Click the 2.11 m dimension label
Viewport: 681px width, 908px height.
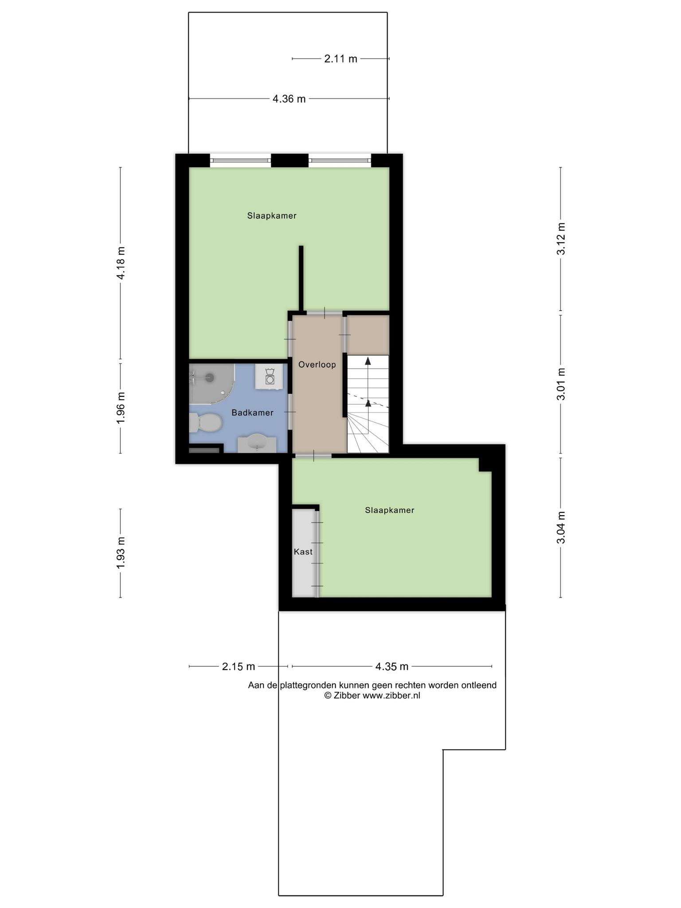coord(340,59)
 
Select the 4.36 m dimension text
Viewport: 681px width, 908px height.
coord(289,99)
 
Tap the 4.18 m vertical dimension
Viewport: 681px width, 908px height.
coord(121,263)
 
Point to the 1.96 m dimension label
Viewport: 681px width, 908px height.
coord(121,407)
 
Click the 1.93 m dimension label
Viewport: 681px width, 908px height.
coord(121,552)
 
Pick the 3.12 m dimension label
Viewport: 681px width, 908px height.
coord(561,239)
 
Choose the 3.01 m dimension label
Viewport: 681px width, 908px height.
coord(561,384)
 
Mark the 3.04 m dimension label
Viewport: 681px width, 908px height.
coord(561,528)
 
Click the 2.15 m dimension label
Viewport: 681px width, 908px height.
coord(239,666)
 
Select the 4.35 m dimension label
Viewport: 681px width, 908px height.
coord(392,666)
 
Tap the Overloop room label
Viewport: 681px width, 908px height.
coord(317,365)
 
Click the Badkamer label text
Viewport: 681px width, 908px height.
coord(252,413)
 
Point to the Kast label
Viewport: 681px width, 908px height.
coord(303,552)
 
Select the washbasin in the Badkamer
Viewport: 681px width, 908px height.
coord(257,443)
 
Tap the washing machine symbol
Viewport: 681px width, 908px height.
coord(269,377)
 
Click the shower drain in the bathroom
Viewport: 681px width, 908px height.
coord(209,378)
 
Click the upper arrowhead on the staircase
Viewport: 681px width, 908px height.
coord(368,361)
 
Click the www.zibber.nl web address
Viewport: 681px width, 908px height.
coord(391,696)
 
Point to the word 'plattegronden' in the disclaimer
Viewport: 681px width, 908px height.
coord(309,685)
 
